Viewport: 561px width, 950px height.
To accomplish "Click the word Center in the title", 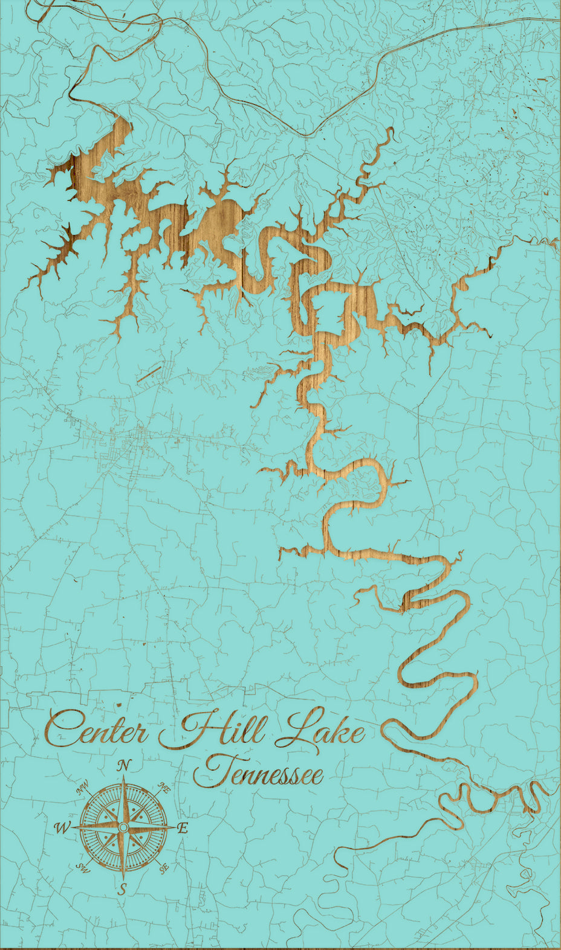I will tap(97, 731).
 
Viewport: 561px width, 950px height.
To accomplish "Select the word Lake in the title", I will tap(320, 730).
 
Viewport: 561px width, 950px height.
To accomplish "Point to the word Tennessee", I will tap(258, 774).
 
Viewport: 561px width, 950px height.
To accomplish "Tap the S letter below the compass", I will tap(122, 888).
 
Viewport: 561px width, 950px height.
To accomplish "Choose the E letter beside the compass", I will tap(183, 829).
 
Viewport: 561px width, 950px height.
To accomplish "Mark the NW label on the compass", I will tap(83, 789).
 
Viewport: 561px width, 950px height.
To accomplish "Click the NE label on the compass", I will tap(163, 787).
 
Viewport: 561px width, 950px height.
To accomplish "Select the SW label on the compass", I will tap(83, 867).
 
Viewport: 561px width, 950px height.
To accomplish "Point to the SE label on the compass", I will tap(164, 868).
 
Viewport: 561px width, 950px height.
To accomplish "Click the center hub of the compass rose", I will tap(123, 827).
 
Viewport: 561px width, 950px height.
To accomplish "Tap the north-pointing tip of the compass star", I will tap(124, 777).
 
